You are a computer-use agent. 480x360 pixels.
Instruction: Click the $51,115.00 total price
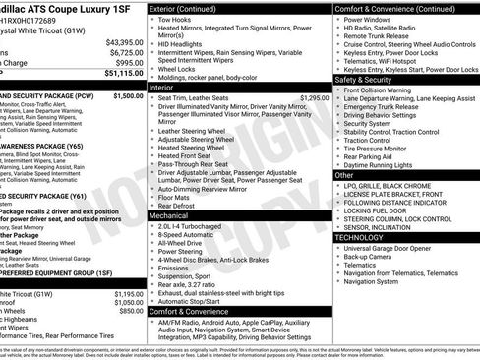coord(123,73)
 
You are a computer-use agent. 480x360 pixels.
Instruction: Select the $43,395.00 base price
coord(125,42)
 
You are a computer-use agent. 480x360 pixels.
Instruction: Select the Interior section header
coord(161,87)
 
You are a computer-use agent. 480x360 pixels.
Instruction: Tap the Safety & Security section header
coord(368,79)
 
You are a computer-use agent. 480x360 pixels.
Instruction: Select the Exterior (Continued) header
coord(190,8)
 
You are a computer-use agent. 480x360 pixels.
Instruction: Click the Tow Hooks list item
coord(176,19)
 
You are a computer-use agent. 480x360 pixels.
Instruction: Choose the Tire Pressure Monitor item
coord(385,149)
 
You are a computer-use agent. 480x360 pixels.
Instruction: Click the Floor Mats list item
coord(177,197)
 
